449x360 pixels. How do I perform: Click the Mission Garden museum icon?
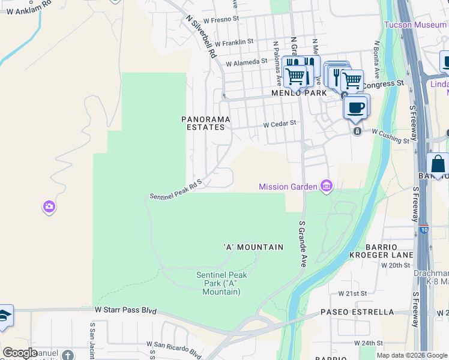(327, 187)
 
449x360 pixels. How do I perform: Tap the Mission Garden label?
(288, 187)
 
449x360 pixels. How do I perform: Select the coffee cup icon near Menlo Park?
(356, 106)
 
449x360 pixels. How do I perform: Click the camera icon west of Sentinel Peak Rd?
(49, 207)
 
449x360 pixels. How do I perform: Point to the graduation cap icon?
(5, 316)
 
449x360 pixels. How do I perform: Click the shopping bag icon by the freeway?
(438, 164)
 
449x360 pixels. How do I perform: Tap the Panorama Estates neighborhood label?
(203, 123)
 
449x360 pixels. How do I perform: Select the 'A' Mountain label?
(253, 247)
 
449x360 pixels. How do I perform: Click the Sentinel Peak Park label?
(221, 283)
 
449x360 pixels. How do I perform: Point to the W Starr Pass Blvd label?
(125, 311)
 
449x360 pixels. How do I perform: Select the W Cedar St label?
(280, 124)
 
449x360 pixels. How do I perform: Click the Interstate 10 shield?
(425, 229)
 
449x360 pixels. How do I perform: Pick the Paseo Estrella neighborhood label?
(357, 312)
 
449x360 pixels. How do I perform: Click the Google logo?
(20, 353)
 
